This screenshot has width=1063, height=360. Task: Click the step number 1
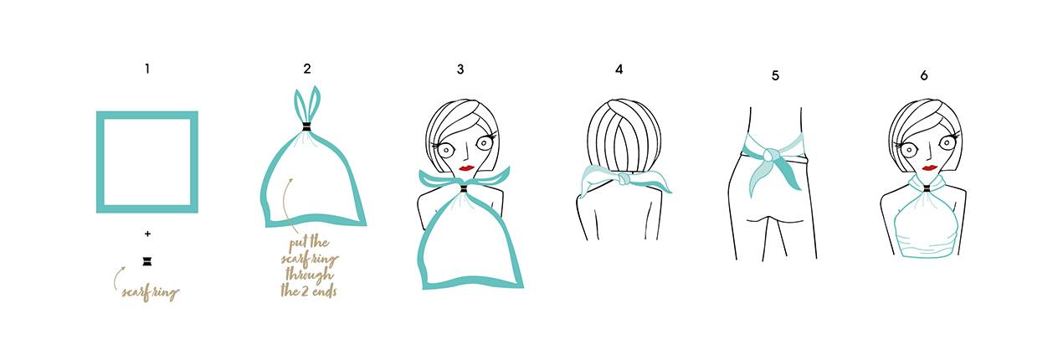[147, 69]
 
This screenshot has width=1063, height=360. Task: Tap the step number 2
[307, 69]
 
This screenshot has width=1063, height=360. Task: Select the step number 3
[460, 69]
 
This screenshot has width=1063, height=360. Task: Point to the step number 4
[619, 69]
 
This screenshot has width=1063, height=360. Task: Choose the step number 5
[775, 75]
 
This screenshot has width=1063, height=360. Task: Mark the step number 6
[924, 75]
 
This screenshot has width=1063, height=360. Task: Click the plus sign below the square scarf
[147, 234]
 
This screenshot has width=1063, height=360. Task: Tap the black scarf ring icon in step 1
[147, 261]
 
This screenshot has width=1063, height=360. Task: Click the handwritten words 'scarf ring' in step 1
[151, 292]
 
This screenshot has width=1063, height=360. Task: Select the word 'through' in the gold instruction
[309, 275]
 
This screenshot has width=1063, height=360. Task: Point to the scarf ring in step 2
[306, 128]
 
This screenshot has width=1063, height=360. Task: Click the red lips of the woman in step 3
[467, 167]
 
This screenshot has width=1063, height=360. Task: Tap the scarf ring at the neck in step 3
[464, 189]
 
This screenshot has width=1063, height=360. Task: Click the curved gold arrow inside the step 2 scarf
[285, 205]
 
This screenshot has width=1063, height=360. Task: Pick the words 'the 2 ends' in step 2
[309, 291]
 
